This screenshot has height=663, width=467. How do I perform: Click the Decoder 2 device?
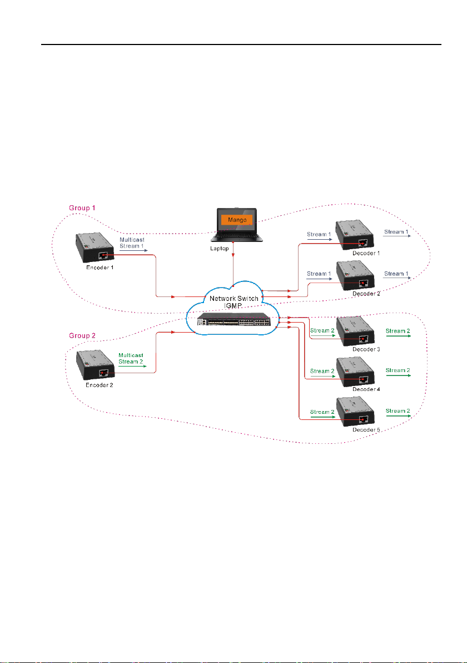click(356, 276)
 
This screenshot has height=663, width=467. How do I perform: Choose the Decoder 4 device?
click(356, 372)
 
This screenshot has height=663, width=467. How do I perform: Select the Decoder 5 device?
click(356, 413)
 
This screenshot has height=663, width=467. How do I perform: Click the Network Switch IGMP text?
click(233, 302)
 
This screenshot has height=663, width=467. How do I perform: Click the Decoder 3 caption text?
click(366, 349)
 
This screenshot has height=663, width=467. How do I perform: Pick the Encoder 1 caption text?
click(100, 267)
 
